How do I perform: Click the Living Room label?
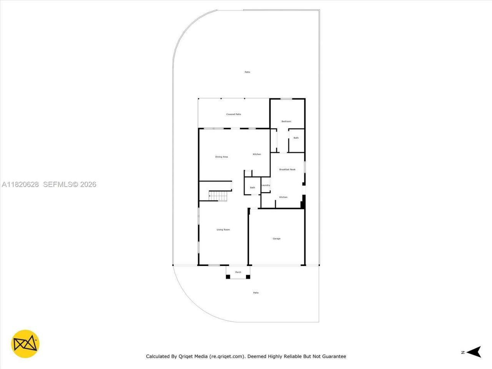(x=223, y=230)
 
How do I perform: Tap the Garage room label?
(x=276, y=239)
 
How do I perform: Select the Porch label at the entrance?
(x=238, y=273)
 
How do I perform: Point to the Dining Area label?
(x=221, y=157)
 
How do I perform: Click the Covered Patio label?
(x=233, y=114)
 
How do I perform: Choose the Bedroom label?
(x=286, y=121)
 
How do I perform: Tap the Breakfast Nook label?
(x=287, y=170)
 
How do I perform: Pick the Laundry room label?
(x=266, y=185)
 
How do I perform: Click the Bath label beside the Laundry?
(x=253, y=188)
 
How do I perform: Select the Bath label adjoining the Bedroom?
(x=296, y=138)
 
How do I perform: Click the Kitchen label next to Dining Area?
(x=257, y=155)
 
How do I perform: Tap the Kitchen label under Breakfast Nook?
(x=283, y=197)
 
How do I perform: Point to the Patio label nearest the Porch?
(x=256, y=293)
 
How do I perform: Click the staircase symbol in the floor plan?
(x=218, y=196)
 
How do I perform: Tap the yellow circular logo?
(x=25, y=344)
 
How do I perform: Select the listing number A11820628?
(x=20, y=184)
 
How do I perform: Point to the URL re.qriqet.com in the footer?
(x=227, y=356)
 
